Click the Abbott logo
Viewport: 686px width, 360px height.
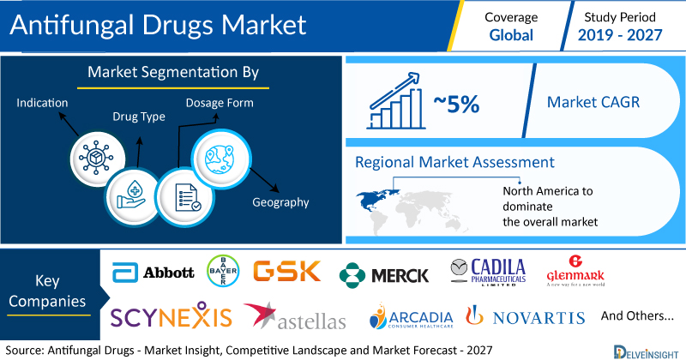point(153,272)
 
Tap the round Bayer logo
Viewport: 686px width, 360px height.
point(223,271)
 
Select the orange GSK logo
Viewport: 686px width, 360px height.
point(287,271)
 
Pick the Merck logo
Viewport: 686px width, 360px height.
point(383,275)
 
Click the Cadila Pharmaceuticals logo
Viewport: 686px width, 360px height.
point(488,272)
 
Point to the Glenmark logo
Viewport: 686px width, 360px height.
point(575,271)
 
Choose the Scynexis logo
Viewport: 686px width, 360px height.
point(171,315)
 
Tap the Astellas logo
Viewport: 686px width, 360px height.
point(295,316)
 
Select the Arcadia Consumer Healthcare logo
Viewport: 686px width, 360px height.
point(411,315)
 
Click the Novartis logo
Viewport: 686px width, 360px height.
point(526,315)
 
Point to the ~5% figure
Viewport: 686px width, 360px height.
point(456,104)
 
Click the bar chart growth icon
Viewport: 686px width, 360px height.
point(396,101)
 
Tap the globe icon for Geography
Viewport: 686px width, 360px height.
point(221,159)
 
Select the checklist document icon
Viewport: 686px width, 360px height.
point(185,197)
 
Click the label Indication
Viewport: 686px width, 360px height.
point(42,103)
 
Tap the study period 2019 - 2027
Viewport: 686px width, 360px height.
point(620,35)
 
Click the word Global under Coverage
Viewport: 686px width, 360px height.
point(511,35)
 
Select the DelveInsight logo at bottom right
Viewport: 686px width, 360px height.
point(646,352)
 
